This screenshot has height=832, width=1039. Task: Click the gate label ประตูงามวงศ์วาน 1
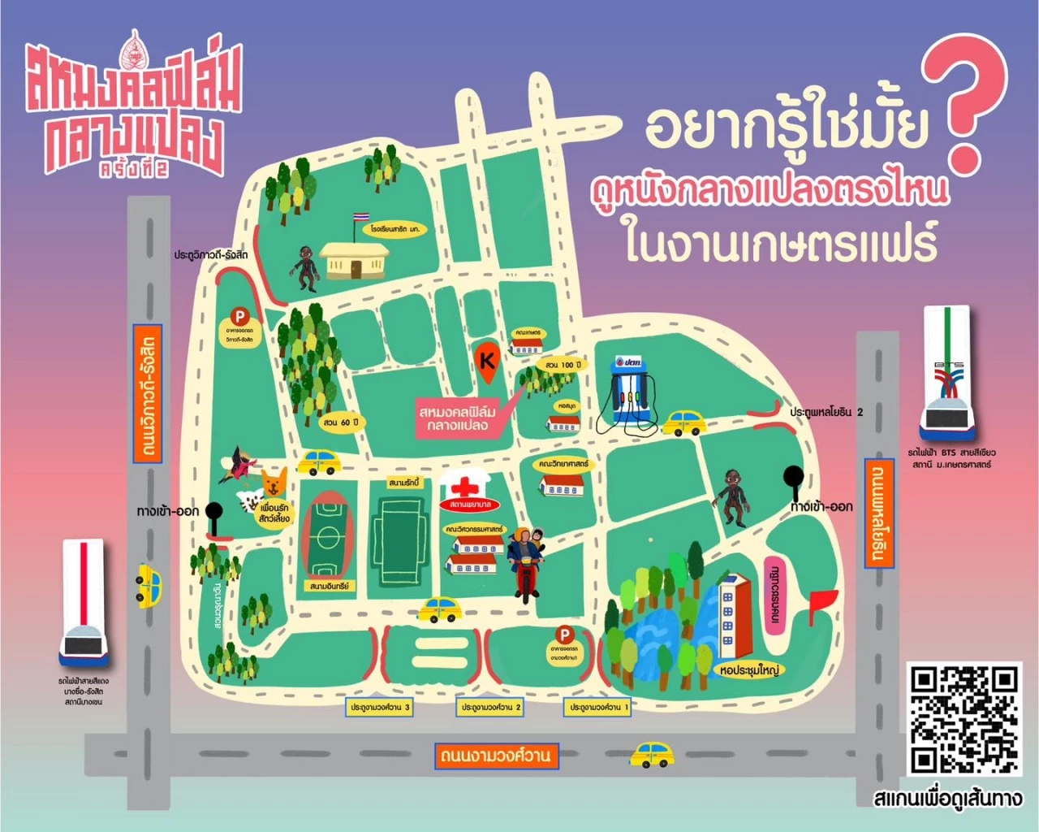click(598, 708)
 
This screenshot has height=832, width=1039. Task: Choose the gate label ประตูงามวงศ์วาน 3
click(380, 708)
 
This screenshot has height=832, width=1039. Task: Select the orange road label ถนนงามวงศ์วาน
click(495, 756)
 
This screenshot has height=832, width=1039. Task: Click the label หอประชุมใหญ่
click(748, 670)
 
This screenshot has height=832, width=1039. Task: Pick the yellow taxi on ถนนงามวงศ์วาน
click(653, 755)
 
